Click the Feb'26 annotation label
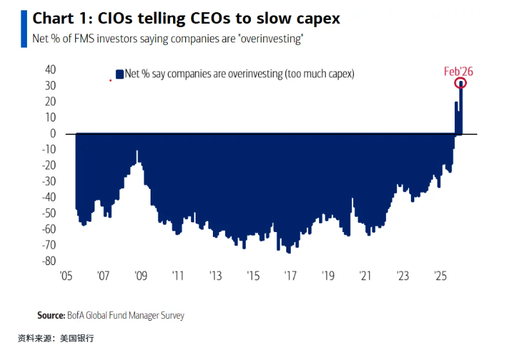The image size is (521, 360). point(458,71)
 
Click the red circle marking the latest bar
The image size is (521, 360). point(461,83)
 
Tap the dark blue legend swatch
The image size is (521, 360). point(119,74)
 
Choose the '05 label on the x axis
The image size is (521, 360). point(66,276)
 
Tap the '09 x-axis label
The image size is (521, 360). point(141,276)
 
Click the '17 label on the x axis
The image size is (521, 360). point(291,276)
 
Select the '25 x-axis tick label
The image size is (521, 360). point(441,276)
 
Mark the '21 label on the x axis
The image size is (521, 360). point(365,276)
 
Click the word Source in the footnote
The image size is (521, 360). point(51,315)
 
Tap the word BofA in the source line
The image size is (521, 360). point(75,315)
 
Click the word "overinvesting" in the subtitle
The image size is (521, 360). point(270,39)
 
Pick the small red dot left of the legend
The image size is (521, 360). point(111,80)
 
